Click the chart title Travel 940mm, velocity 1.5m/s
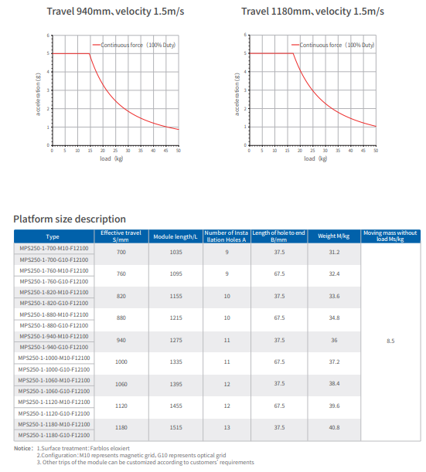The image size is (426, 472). pyautogui.click(x=108, y=12)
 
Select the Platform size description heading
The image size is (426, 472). pyautogui.click(x=70, y=219)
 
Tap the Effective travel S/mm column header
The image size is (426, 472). pyautogui.click(x=121, y=236)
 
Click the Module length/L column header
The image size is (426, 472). pyautogui.click(x=175, y=236)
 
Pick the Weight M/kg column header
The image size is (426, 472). pyautogui.click(x=334, y=236)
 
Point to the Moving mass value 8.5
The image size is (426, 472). pyautogui.click(x=390, y=340)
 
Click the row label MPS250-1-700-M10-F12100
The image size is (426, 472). pyautogui.click(x=53, y=249)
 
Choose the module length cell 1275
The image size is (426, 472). pyautogui.click(x=175, y=340)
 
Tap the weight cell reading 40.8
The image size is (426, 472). pyautogui.click(x=334, y=427)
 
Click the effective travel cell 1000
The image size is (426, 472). pyautogui.click(x=121, y=362)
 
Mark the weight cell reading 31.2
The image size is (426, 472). pyautogui.click(x=334, y=253)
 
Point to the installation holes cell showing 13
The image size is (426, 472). pyautogui.click(x=227, y=427)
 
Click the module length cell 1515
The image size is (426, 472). pyautogui.click(x=175, y=427)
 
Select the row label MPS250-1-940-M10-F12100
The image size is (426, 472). pyautogui.click(x=53, y=336)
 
